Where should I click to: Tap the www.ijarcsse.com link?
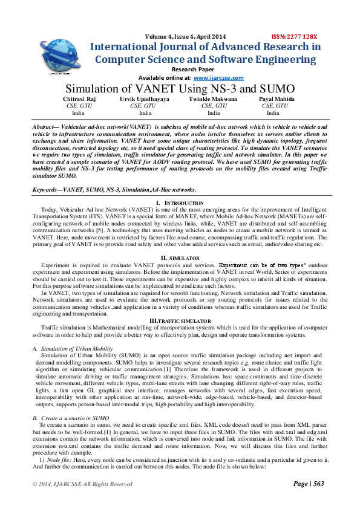[218, 78]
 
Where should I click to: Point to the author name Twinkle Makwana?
[214, 98]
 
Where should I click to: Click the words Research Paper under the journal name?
[180, 70]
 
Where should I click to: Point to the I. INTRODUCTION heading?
[180, 202]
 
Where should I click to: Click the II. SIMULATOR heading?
[180, 258]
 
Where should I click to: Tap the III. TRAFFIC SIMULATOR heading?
[180, 320]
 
